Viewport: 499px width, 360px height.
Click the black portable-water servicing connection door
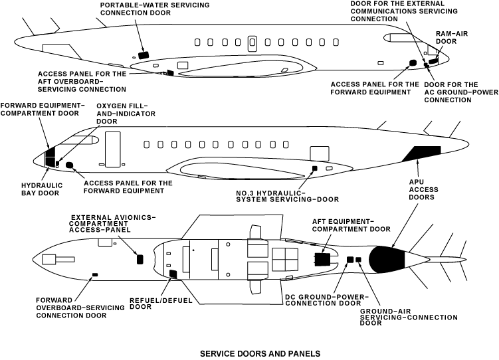tap(144, 54)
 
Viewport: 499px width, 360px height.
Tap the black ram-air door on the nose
tap(433, 60)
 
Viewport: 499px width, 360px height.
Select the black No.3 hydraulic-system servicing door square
tap(315, 168)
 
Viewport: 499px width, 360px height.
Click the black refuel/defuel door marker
tap(173, 274)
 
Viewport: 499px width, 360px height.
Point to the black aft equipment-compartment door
tap(322, 260)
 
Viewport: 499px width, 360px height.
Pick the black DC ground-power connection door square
tap(350, 260)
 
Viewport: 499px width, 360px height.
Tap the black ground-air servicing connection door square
tap(358, 260)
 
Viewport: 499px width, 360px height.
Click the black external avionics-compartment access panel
tap(140, 259)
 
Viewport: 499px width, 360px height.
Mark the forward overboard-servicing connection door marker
tap(95, 274)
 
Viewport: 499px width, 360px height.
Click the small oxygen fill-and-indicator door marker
tap(57, 164)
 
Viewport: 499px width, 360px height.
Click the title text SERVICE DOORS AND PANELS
tap(260, 353)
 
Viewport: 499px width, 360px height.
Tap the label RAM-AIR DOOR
tap(452, 37)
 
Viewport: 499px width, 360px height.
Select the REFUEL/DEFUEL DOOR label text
tap(161, 304)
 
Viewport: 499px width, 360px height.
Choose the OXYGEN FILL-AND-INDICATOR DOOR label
tap(126, 114)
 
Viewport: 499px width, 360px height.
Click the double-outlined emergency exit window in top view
tap(252, 43)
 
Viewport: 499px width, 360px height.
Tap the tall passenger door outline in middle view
tap(113, 149)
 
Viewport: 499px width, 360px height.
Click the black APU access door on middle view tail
tap(423, 153)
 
